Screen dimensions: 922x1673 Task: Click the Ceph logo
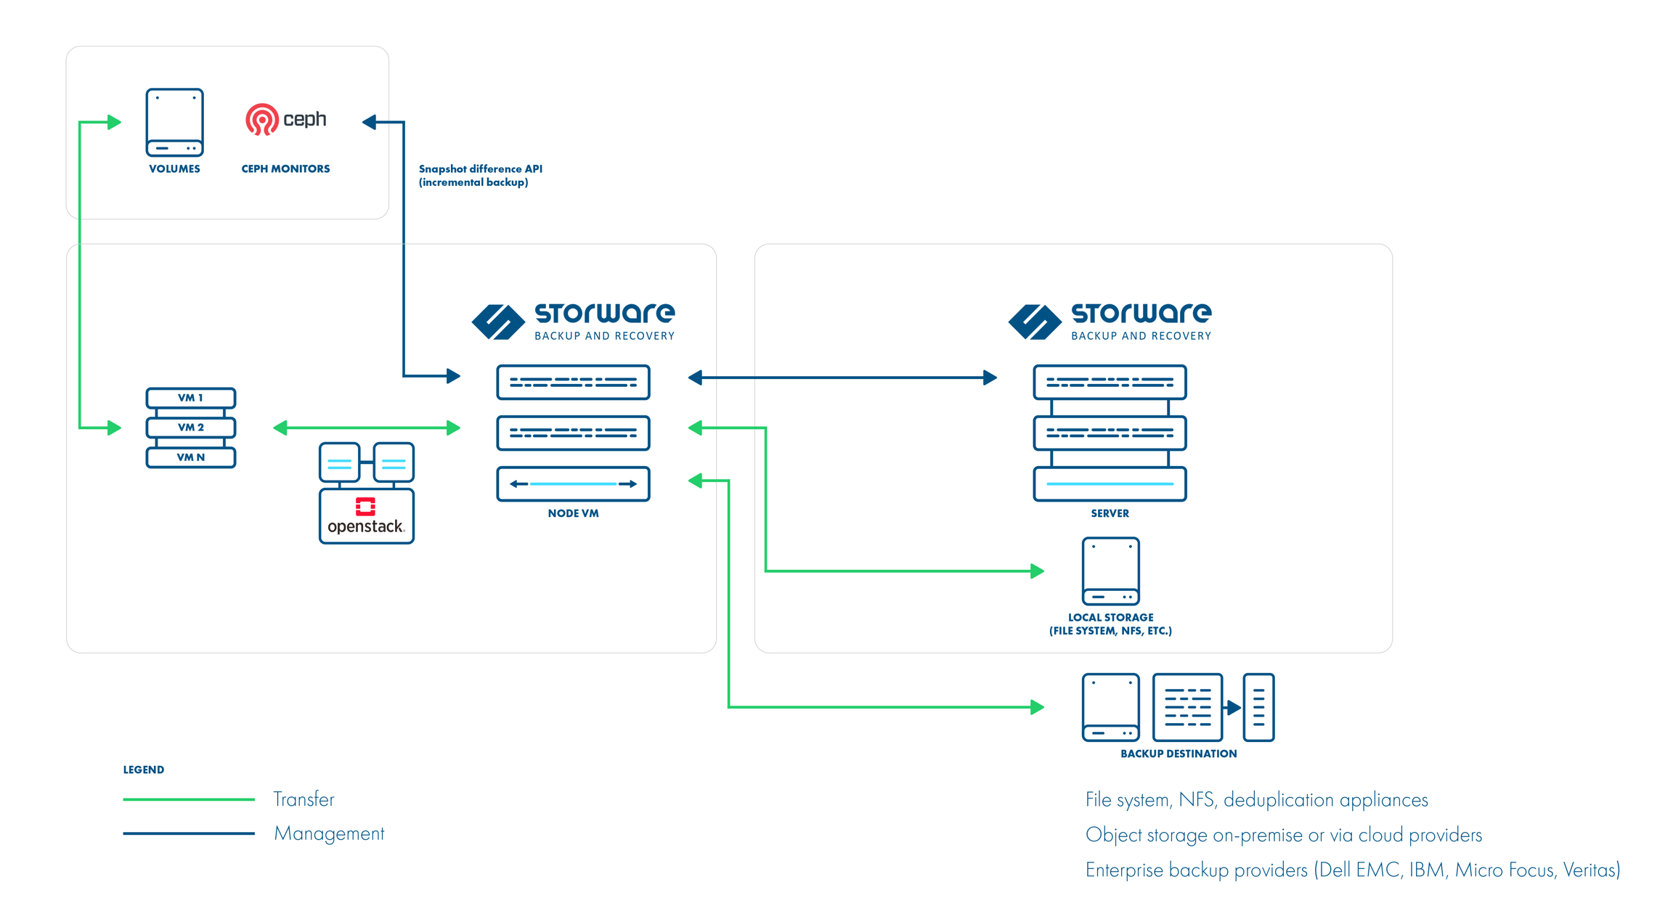click(285, 120)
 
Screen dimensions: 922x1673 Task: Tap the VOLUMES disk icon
click(174, 122)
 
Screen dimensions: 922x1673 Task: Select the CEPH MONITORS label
click(285, 168)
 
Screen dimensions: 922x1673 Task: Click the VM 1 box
click(190, 398)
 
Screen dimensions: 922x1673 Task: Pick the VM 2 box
click(190, 428)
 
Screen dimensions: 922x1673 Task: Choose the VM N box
click(190, 457)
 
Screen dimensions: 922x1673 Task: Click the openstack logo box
click(366, 516)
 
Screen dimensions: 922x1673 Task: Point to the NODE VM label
click(573, 513)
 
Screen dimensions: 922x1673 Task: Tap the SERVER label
click(1110, 513)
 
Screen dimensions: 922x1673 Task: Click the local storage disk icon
click(1110, 571)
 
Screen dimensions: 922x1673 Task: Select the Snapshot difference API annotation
click(480, 175)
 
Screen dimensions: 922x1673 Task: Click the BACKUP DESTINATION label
click(1178, 754)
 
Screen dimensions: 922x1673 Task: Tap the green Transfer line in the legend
click(189, 799)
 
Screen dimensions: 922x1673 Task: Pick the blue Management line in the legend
click(189, 833)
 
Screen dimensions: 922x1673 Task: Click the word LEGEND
click(144, 770)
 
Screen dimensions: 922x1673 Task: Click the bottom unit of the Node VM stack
click(573, 484)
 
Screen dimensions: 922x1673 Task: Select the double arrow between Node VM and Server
click(842, 378)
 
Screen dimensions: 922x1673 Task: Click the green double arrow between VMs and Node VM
click(367, 428)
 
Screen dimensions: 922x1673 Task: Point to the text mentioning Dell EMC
click(1352, 870)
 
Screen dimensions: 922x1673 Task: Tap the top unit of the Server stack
click(1110, 382)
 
